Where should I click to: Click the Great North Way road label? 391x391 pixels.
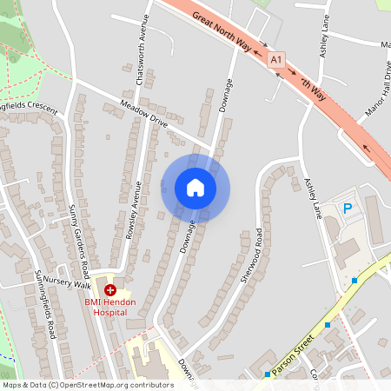228,31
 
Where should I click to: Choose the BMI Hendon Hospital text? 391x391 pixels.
110,306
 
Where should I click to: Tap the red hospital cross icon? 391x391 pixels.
110,289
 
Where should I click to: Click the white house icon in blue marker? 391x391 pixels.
195,187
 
